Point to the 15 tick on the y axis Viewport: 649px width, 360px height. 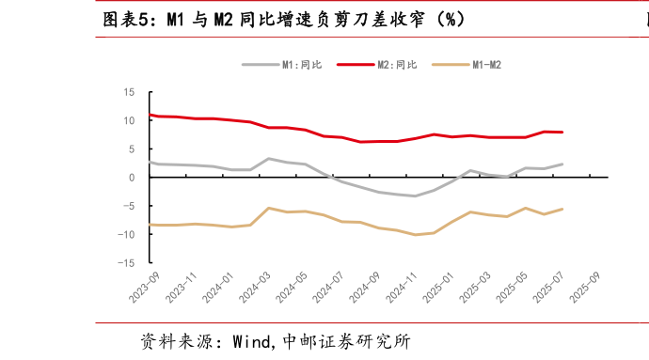(x=129, y=92)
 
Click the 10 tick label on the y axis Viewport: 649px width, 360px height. (x=129, y=120)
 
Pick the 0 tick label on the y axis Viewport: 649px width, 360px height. (x=132, y=177)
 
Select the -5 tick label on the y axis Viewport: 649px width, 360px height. (x=129, y=206)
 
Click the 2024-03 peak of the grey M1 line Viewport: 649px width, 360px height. (x=269, y=159)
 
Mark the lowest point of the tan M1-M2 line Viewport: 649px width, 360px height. (x=416, y=234)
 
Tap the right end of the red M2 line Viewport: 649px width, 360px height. (x=562, y=132)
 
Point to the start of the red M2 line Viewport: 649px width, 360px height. (x=150, y=115)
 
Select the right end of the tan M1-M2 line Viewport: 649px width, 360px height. (x=562, y=209)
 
